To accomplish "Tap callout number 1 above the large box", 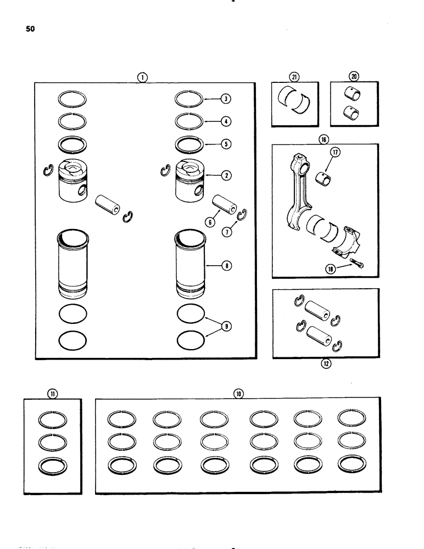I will [142, 77].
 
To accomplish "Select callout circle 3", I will [226, 99].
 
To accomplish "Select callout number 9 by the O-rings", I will [226, 327].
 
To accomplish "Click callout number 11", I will [52, 393].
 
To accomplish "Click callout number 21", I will [295, 77].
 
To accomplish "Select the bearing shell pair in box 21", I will [295, 99].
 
